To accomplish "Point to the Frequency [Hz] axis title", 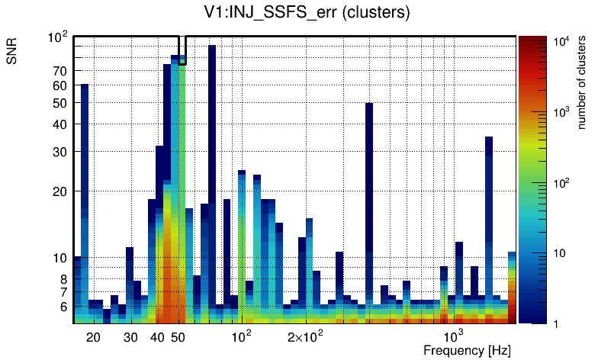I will pyautogui.click(x=467, y=350).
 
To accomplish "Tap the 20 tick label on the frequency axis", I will pyautogui.click(x=93, y=337).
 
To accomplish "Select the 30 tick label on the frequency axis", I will pyautogui.click(x=130, y=337).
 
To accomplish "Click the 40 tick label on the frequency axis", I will pyautogui.click(x=158, y=337).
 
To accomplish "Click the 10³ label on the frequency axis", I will pyautogui.click(x=453, y=336).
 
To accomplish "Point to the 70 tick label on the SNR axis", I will pyautogui.click(x=59, y=71).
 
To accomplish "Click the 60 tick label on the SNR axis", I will pyautogui.click(x=59, y=85).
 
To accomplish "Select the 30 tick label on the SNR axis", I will pyautogui.click(x=59, y=152).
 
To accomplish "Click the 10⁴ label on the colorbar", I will pyautogui.click(x=561, y=42).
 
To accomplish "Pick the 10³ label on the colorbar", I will pyautogui.click(x=561, y=112).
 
